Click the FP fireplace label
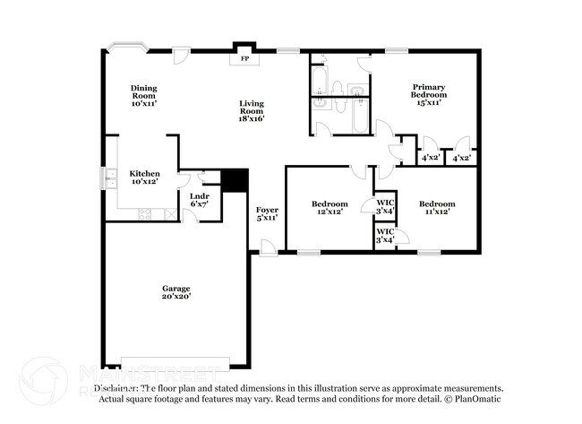(244, 59)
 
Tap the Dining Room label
(144, 95)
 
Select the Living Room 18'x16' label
(251, 110)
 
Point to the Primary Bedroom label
(428, 94)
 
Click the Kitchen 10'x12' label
(144, 177)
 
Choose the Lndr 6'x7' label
(200, 200)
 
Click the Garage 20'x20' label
(176, 292)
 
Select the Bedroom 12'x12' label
(330, 207)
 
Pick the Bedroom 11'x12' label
(437, 207)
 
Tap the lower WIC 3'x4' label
(385, 236)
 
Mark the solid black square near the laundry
(235, 179)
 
